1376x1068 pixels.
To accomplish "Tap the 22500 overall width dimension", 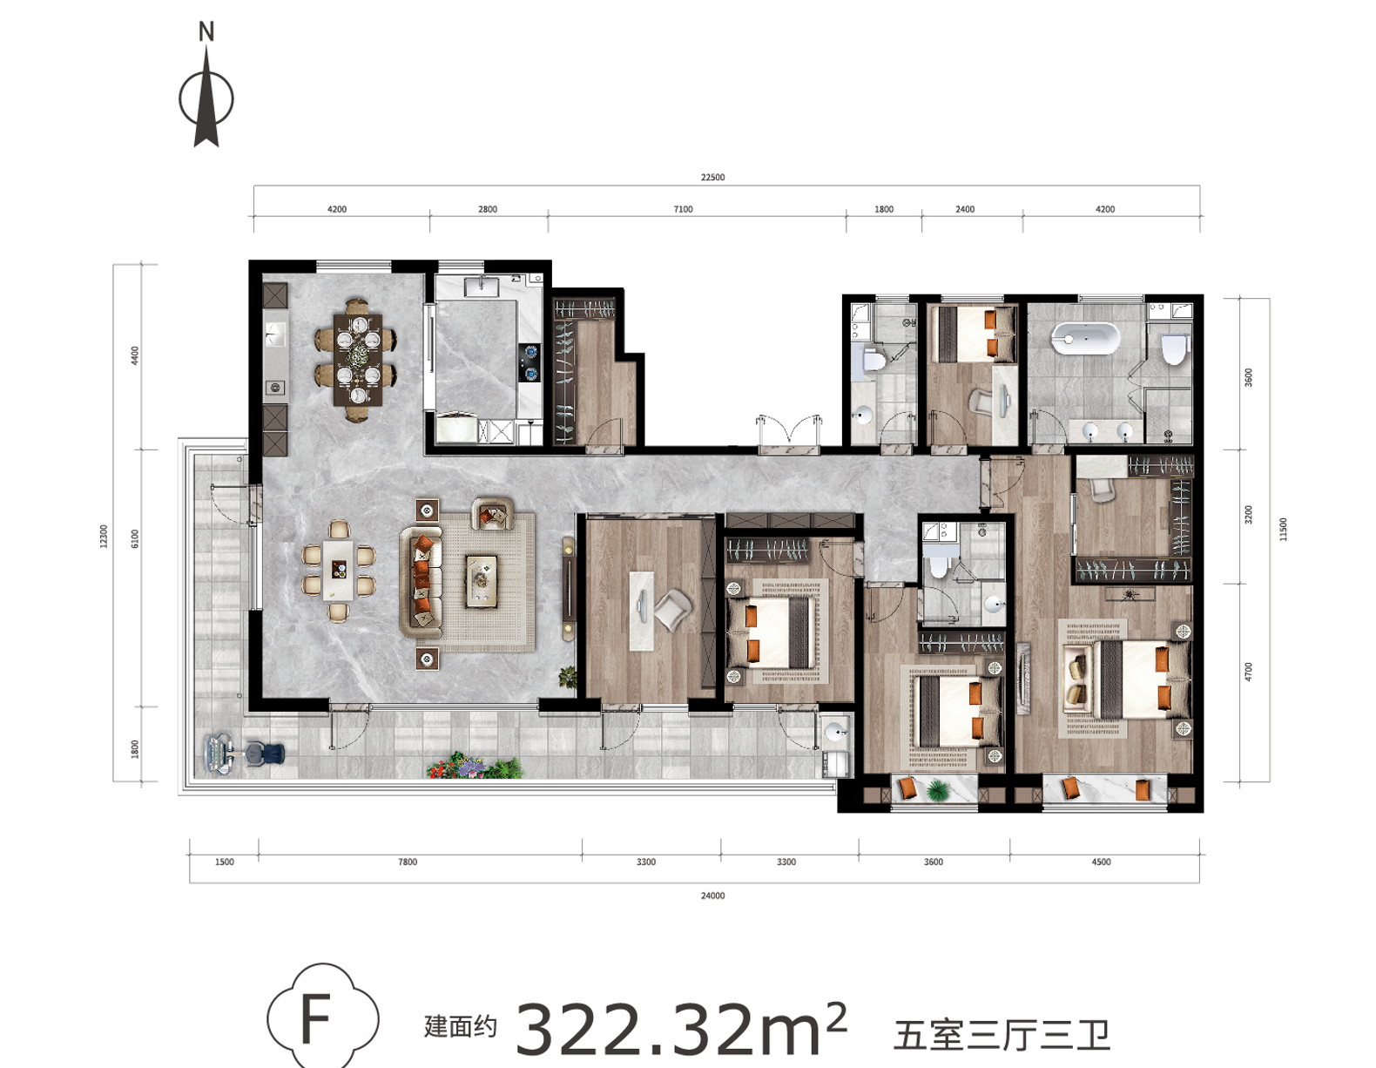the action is coord(712,177).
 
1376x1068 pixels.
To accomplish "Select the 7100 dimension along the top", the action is coord(683,209).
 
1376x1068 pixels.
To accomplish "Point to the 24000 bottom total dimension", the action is coord(712,896).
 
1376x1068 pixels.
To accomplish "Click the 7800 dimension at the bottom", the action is coord(408,862).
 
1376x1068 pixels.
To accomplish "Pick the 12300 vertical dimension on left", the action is coord(104,536).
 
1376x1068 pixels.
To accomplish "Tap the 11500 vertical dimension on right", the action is coord(1283,530).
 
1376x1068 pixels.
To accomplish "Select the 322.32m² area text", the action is coord(681,1027).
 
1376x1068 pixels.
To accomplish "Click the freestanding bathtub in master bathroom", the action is coord(1085,339).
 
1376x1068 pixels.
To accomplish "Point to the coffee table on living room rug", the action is coord(482,581).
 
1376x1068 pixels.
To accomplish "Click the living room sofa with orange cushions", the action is coord(422,581).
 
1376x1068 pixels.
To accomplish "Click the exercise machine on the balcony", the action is coord(245,754).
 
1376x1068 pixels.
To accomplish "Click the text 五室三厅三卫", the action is coord(1002,1035).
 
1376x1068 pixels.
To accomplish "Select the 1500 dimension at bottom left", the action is coord(224,862).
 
